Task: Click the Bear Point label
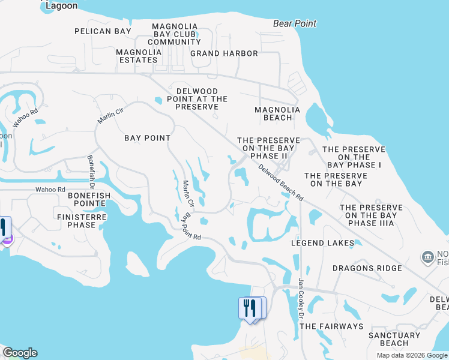[294, 23]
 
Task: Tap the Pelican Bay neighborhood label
[103, 31]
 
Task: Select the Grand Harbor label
[224, 53]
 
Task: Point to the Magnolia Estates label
[139, 56]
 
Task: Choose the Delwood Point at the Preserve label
[197, 98]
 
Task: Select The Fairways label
[331, 326]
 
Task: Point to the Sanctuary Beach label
[394, 339]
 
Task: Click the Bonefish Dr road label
[91, 169]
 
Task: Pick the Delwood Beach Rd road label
[281, 182]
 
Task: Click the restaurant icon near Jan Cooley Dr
[250, 309]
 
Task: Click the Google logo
[20, 353]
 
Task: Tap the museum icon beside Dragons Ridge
[427, 258]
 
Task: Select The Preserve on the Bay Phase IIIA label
[371, 215]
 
